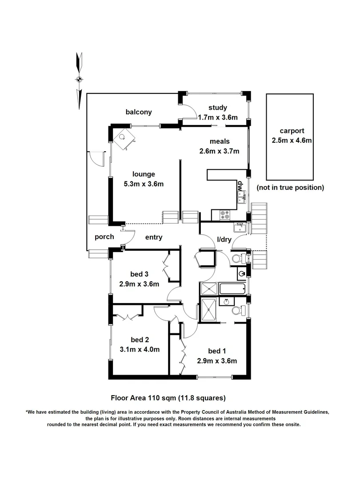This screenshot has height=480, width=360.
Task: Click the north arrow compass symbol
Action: pyautogui.click(x=79, y=80)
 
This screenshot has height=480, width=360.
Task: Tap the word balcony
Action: pyautogui.click(x=139, y=112)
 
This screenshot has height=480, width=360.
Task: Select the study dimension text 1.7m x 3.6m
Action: pyautogui.click(x=218, y=117)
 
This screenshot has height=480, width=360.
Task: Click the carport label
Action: pyautogui.click(x=292, y=131)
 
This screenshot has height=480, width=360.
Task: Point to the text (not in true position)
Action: pyautogui.click(x=290, y=188)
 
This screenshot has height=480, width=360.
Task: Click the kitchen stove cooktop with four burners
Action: pyautogui.click(x=225, y=215)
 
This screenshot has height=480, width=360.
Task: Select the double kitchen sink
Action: pyautogui.click(x=242, y=197)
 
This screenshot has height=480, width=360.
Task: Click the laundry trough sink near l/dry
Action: pyautogui.click(x=240, y=228)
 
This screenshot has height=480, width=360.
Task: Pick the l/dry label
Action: pyautogui.click(x=224, y=240)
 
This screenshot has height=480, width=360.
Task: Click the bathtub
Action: pyautogui.click(x=232, y=288)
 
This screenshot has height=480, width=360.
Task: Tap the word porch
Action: pyautogui.click(x=104, y=237)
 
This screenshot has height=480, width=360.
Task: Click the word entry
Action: pyautogui.click(x=154, y=237)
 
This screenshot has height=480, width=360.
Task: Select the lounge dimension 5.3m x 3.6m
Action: pyautogui.click(x=144, y=184)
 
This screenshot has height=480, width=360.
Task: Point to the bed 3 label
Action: pyautogui.click(x=139, y=274)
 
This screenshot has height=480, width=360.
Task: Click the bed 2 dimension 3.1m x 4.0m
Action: pyautogui.click(x=140, y=349)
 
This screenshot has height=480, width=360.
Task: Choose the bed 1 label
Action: pyautogui.click(x=217, y=351)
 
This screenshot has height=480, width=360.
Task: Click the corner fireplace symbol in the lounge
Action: pyautogui.click(x=124, y=139)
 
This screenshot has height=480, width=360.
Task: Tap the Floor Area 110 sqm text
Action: pyautogui.click(x=143, y=398)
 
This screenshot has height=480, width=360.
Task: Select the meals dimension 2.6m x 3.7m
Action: pyautogui.click(x=219, y=151)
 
